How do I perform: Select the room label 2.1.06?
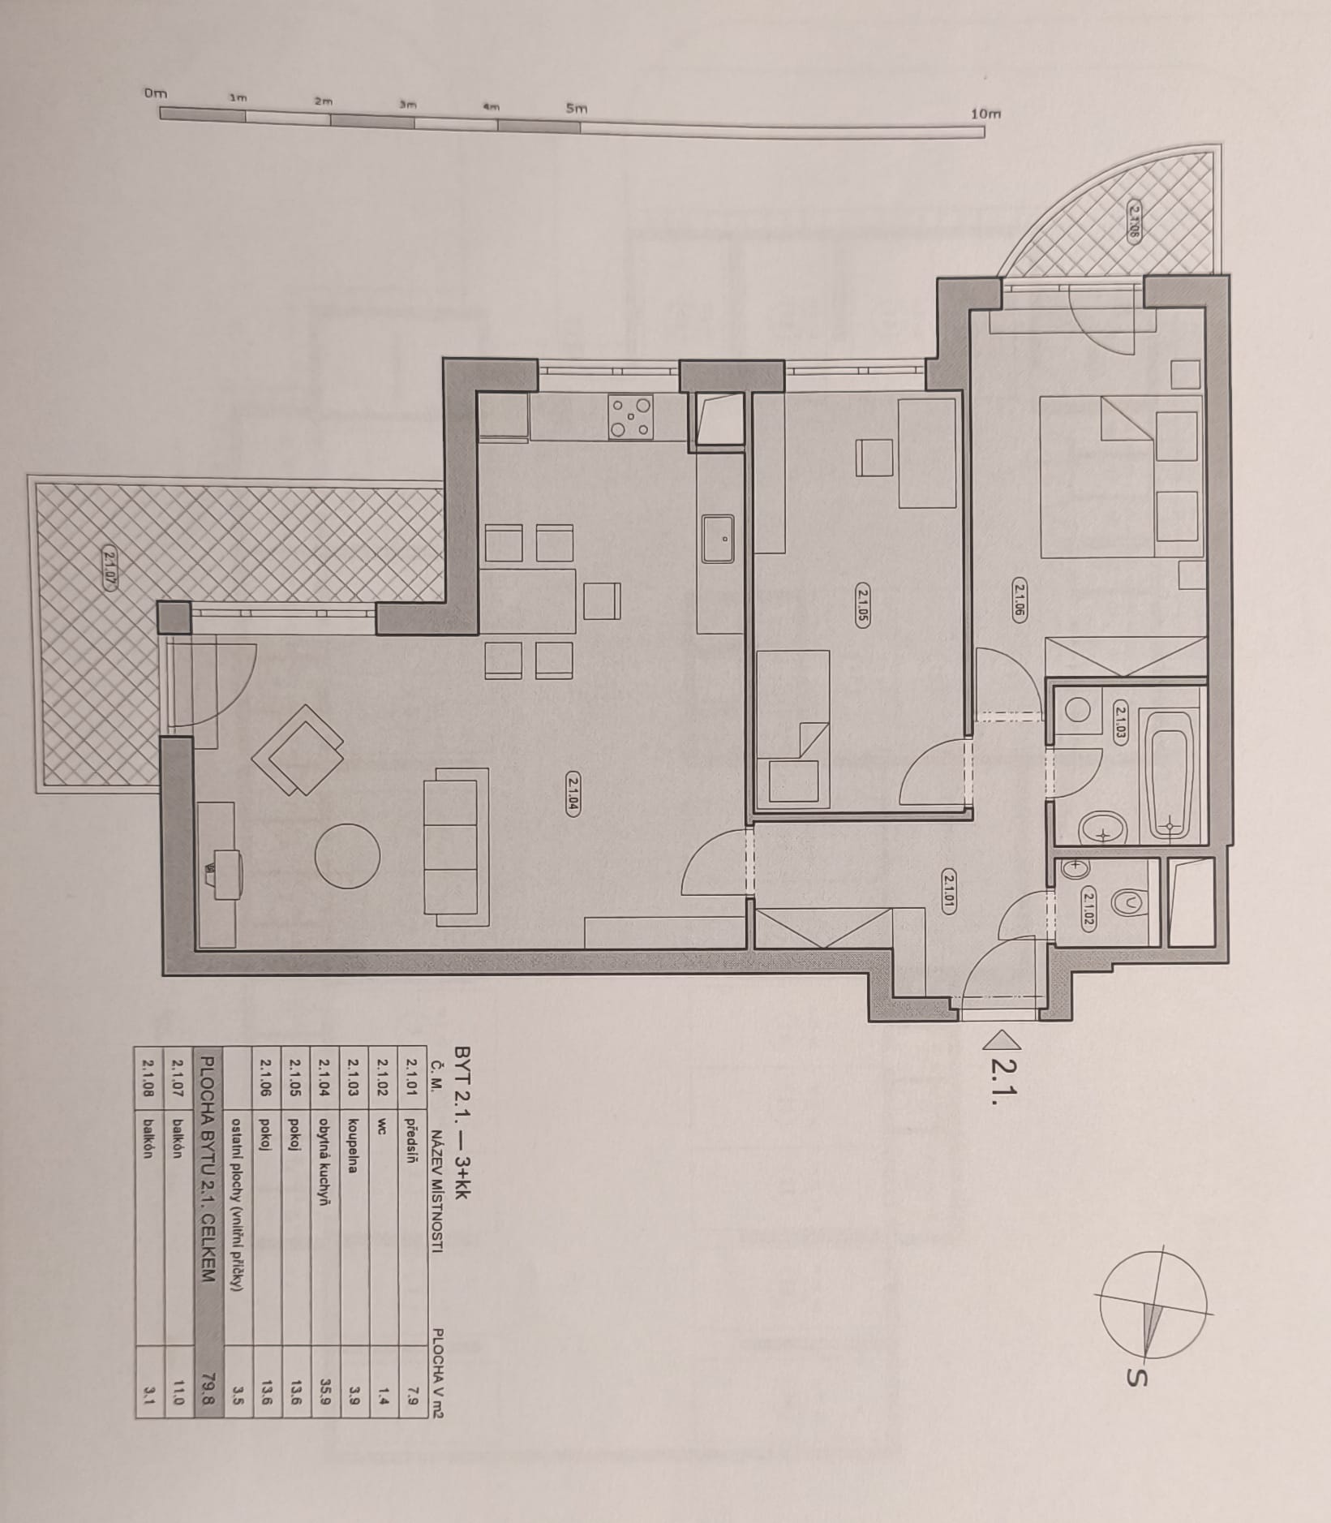pos(1020,602)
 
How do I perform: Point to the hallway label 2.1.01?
pos(951,891)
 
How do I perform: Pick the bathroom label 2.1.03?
pos(1120,723)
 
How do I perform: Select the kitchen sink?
pos(718,539)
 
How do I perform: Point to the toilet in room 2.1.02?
pos(1131,901)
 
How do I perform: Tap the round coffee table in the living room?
pos(347,856)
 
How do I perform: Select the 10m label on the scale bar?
pos(985,114)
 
